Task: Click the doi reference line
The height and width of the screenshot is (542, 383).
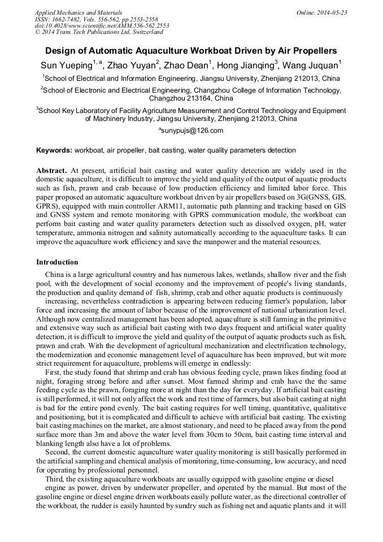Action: point(102,25)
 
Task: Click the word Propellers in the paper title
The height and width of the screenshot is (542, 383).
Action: point(310,50)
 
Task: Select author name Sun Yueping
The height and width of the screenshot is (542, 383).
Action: point(66,65)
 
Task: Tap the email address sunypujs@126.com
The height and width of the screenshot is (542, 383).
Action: point(191,131)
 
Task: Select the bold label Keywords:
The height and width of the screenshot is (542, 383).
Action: point(54,150)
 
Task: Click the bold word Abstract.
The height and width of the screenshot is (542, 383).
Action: point(51,170)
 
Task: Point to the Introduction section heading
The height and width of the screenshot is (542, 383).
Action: point(57,262)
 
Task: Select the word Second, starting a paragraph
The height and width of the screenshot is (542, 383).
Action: point(58,453)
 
